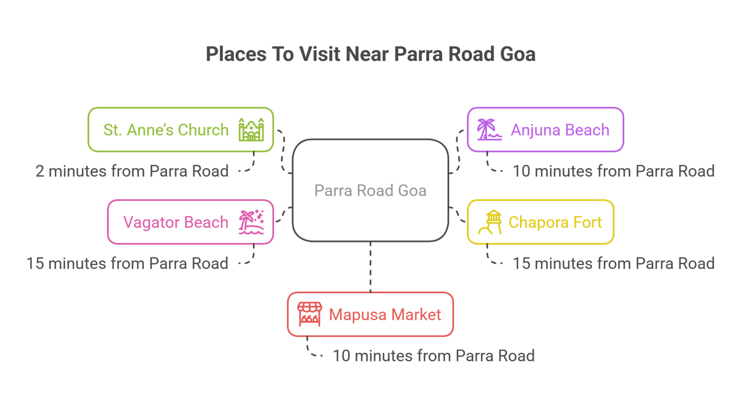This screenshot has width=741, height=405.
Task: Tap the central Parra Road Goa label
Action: coord(370,190)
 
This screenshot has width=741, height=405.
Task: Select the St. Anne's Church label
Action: coord(166,130)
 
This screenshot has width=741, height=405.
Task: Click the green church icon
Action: coord(251,130)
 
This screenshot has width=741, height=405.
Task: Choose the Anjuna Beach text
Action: coord(560,130)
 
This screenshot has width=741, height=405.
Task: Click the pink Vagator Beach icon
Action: coord(251,222)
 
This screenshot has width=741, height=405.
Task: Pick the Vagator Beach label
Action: coord(176,222)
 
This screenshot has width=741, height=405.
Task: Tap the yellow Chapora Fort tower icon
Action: coord(490,222)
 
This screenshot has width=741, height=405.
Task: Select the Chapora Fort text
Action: coord(555,222)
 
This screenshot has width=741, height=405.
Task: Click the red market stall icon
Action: coord(309,314)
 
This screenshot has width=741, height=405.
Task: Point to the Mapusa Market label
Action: coord(385,315)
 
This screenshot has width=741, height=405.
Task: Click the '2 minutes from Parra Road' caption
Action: coord(132,171)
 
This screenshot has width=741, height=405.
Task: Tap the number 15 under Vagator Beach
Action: coord(35,264)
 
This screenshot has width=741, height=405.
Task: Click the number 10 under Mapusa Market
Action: coord(341,356)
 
